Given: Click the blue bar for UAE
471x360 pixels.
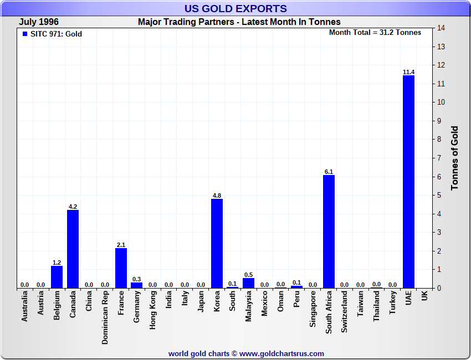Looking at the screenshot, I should tap(408, 182).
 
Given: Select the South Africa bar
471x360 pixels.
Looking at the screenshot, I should tap(329, 232).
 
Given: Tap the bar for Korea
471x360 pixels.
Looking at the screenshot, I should tap(217, 243).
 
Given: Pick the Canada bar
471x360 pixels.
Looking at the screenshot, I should tap(73, 249).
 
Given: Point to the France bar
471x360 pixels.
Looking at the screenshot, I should tap(121, 268).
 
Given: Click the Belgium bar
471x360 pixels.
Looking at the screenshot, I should tap(57, 276).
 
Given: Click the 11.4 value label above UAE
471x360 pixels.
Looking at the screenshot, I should tap(408, 72).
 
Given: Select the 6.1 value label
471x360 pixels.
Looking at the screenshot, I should tap(329, 172).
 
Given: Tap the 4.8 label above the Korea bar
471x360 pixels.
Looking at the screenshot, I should tap(217, 196).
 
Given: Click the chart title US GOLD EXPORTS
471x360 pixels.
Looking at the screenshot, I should tap(235, 8).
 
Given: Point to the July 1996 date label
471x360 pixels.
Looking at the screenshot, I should tap(39, 22).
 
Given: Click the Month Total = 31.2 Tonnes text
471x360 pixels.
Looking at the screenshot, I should tap(375, 33).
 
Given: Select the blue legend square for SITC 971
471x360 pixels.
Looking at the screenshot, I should tap(24, 34).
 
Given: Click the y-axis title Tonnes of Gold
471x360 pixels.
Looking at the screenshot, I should tap(455, 158).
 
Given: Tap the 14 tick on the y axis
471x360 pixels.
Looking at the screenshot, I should tap(442, 28).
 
